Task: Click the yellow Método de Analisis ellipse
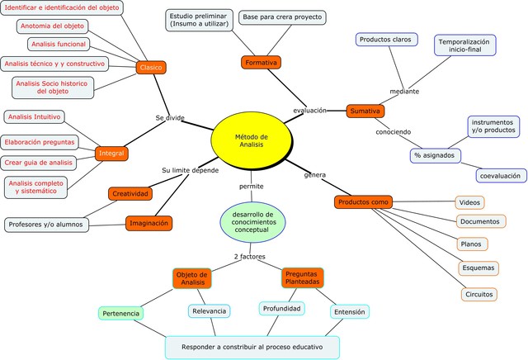tap(252, 141)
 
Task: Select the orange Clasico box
tap(151, 68)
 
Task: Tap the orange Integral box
tap(111, 154)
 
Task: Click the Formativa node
tap(262, 62)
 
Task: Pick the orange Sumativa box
tap(365, 111)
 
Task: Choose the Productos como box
tap(364, 202)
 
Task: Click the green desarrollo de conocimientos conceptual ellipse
tap(252, 220)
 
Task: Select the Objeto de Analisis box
tap(192, 278)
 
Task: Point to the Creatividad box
tap(130, 194)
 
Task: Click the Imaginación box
tap(149, 223)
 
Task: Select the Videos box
tap(469, 202)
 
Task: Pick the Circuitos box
tap(479, 293)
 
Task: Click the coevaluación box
tap(502, 175)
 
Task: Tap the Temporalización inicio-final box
tap(464, 45)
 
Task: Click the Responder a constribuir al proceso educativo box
tap(253, 347)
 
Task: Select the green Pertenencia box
tap(121, 314)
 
